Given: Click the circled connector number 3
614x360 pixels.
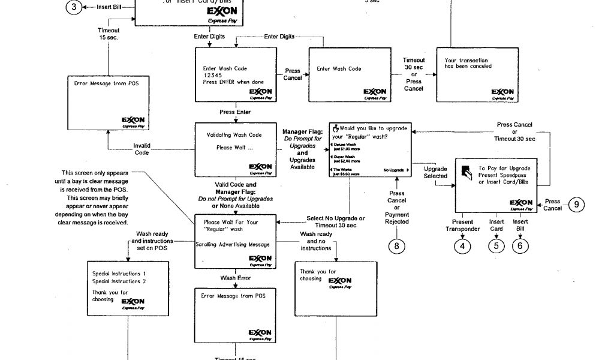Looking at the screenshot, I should click(73, 7).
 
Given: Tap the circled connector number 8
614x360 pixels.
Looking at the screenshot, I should click(396, 246).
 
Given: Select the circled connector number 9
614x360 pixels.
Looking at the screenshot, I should click(576, 205).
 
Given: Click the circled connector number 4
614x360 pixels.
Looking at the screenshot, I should click(462, 246).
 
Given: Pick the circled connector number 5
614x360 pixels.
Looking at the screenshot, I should click(496, 246).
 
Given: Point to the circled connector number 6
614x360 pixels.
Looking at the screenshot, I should click(520, 246).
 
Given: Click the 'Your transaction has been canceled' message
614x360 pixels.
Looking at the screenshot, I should click(466, 63).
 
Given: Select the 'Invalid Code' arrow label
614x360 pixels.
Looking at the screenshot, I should click(142, 149).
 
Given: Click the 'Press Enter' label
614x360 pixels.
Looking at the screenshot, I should click(235, 112).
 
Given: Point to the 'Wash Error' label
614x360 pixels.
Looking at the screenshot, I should click(234, 278).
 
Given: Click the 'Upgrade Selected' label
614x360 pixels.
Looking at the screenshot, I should click(435, 172).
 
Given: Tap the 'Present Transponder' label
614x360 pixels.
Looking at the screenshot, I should click(462, 225).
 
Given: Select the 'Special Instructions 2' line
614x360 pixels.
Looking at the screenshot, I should click(119, 281).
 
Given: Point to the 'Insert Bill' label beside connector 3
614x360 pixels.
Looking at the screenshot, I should click(108, 7).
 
